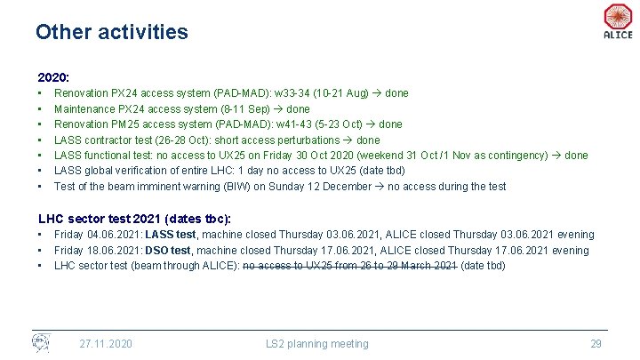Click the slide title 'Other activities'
click(x=112, y=32)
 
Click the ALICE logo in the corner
click(x=617, y=20)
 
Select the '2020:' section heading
click(x=53, y=77)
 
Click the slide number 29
click(x=596, y=344)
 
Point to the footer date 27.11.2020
click(x=106, y=344)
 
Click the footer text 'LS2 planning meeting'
click(x=316, y=344)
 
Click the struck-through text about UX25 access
click(x=350, y=266)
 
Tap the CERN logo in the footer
click(x=42, y=342)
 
